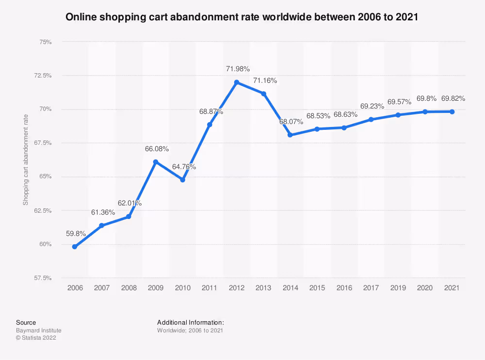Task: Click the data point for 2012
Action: [237, 82]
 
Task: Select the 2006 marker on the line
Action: [75, 247]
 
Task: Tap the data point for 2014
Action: [290, 135]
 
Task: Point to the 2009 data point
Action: [156, 162]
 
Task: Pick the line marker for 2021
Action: [452, 112]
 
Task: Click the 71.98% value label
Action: [238, 69]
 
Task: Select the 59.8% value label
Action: [76, 234]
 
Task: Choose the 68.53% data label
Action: [318, 116]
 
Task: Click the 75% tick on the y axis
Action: [45, 42]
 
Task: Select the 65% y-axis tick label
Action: [45, 177]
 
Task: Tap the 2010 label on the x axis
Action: [183, 288]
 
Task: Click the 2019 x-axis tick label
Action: [398, 288]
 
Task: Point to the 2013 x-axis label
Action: [263, 288]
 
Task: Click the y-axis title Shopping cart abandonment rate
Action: [26, 160]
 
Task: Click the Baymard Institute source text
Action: [39, 330]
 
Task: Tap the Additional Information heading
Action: [190, 322]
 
